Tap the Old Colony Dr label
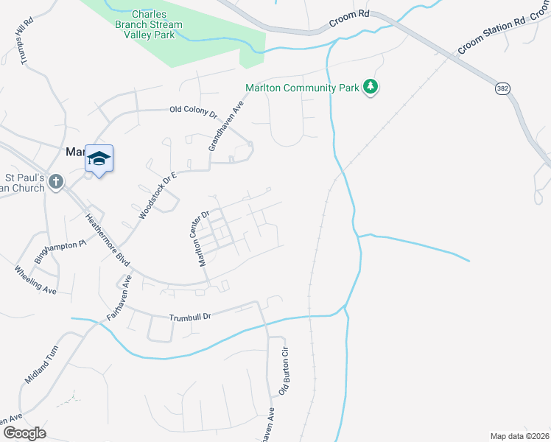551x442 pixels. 194,110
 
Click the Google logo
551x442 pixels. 24,433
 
